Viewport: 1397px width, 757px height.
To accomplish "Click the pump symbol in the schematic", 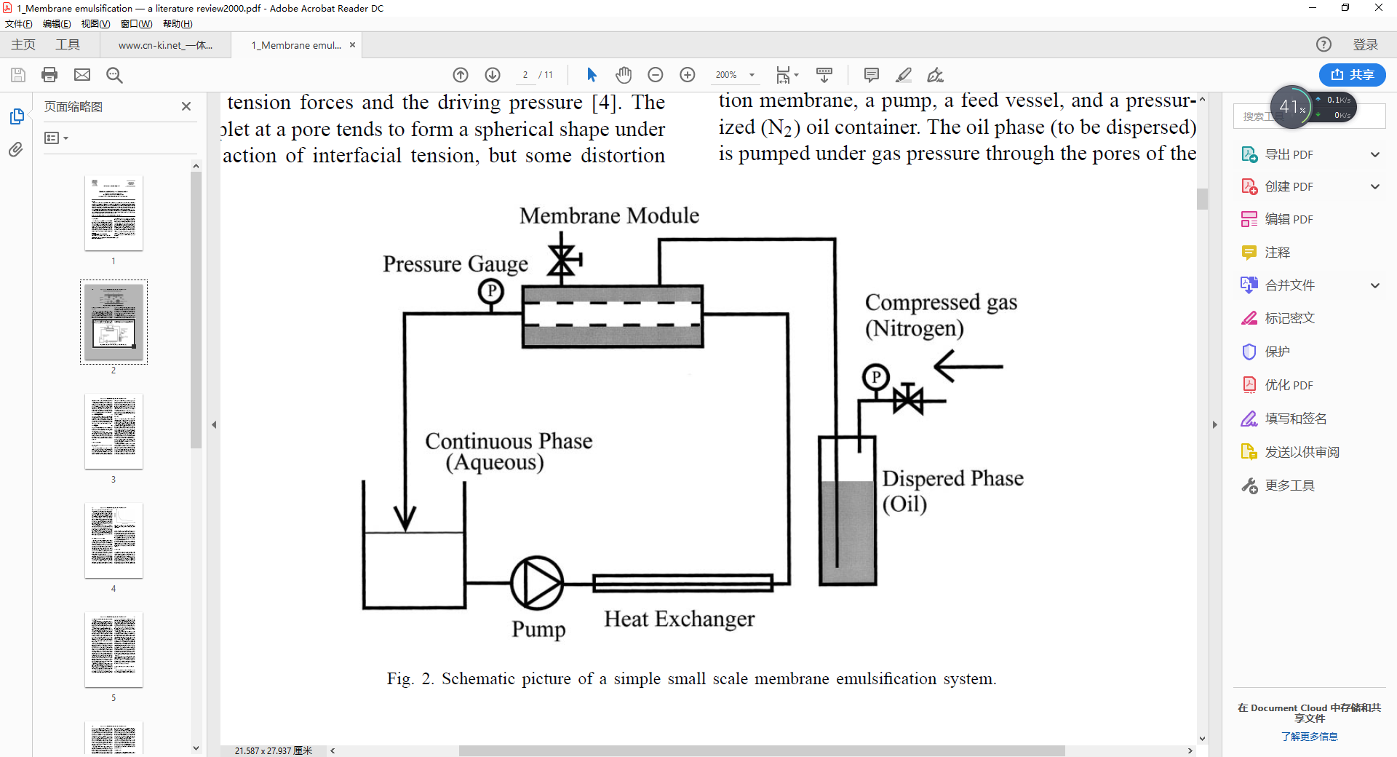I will (537, 583).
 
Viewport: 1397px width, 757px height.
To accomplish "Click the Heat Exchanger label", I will (679, 619).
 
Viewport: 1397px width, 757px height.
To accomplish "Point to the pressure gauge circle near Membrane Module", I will (491, 292).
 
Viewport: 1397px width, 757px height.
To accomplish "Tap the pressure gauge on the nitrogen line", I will (876, 377).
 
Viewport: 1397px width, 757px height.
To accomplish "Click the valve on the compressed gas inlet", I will (908, 400).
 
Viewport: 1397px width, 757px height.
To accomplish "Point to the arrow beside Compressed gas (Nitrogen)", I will (968, 366).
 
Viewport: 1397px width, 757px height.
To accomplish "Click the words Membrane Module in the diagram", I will (609, 215).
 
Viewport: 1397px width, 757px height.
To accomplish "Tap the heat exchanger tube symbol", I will (682, 583).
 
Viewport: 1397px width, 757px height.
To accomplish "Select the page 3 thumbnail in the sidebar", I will (114, 431).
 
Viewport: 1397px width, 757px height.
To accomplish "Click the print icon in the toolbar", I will (49, 75).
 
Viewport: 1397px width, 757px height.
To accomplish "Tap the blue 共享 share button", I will (1352, 75).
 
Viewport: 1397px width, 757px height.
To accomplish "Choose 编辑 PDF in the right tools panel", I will (1288, 219).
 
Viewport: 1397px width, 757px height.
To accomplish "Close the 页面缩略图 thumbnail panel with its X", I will (186, 106).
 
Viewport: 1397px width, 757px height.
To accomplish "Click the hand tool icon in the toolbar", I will (624, 75).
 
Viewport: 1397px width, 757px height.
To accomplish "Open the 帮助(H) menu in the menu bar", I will (178, 24).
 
